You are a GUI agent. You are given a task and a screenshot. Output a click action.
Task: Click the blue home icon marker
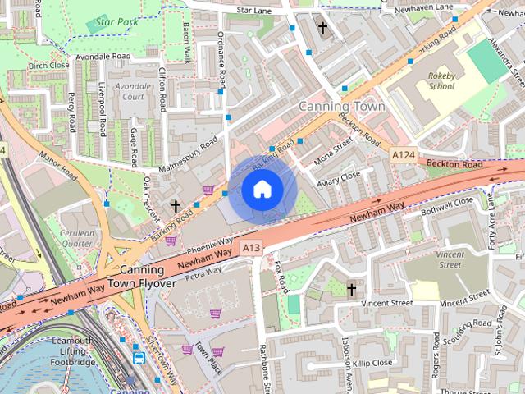[x=262, y=190]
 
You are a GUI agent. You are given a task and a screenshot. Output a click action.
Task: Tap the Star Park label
[x=115, y=21]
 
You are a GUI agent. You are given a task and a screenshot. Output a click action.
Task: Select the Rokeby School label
[x=441, y=80]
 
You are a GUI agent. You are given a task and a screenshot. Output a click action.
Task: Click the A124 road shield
[x=403, y=154]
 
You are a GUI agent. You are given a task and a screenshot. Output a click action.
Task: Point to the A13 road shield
[x=251, y=246]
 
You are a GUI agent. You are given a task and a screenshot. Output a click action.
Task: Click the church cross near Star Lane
[x=322, y=29]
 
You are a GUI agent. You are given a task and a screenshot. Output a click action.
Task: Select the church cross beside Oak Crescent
[x=175, y=204]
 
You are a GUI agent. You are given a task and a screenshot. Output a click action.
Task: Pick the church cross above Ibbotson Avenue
[x=351, y=289]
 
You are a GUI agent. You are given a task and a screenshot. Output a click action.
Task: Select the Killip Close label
[x=373, y=362]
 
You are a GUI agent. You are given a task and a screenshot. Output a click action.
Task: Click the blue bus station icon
[x=139, y=358]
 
